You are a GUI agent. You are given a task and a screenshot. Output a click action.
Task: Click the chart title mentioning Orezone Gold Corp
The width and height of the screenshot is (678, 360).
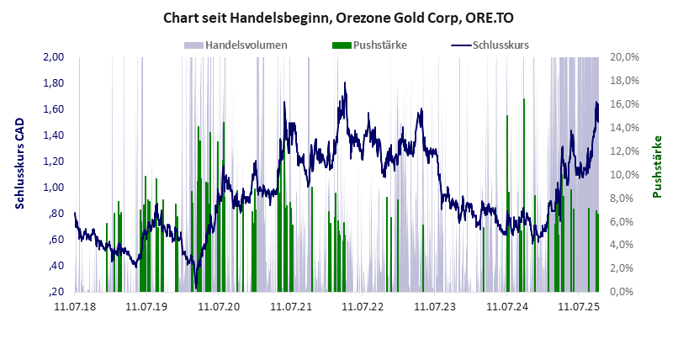(338, 17)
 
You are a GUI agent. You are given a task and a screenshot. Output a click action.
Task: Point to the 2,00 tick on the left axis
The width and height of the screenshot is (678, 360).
(53, 57)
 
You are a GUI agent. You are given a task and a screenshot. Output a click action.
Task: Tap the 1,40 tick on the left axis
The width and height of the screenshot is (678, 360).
(53, 135)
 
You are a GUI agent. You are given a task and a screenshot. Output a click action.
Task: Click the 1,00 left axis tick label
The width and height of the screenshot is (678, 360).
(53, 188)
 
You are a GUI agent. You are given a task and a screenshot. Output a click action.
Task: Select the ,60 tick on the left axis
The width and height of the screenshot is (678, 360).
(56, 240)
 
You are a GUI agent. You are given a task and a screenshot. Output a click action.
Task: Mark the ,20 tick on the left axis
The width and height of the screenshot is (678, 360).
(56, 292)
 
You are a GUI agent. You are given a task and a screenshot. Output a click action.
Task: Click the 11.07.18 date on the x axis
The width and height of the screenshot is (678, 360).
(75, 308)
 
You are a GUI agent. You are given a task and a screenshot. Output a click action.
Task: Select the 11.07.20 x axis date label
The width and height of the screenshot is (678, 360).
(219, 308)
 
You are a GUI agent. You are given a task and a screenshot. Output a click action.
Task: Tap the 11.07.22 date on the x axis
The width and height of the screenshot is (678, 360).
(363, 308)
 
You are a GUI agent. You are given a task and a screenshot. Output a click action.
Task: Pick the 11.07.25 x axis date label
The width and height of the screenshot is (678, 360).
(579, 308)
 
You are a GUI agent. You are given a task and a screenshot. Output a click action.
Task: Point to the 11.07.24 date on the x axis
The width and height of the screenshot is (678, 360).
(507, 308)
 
